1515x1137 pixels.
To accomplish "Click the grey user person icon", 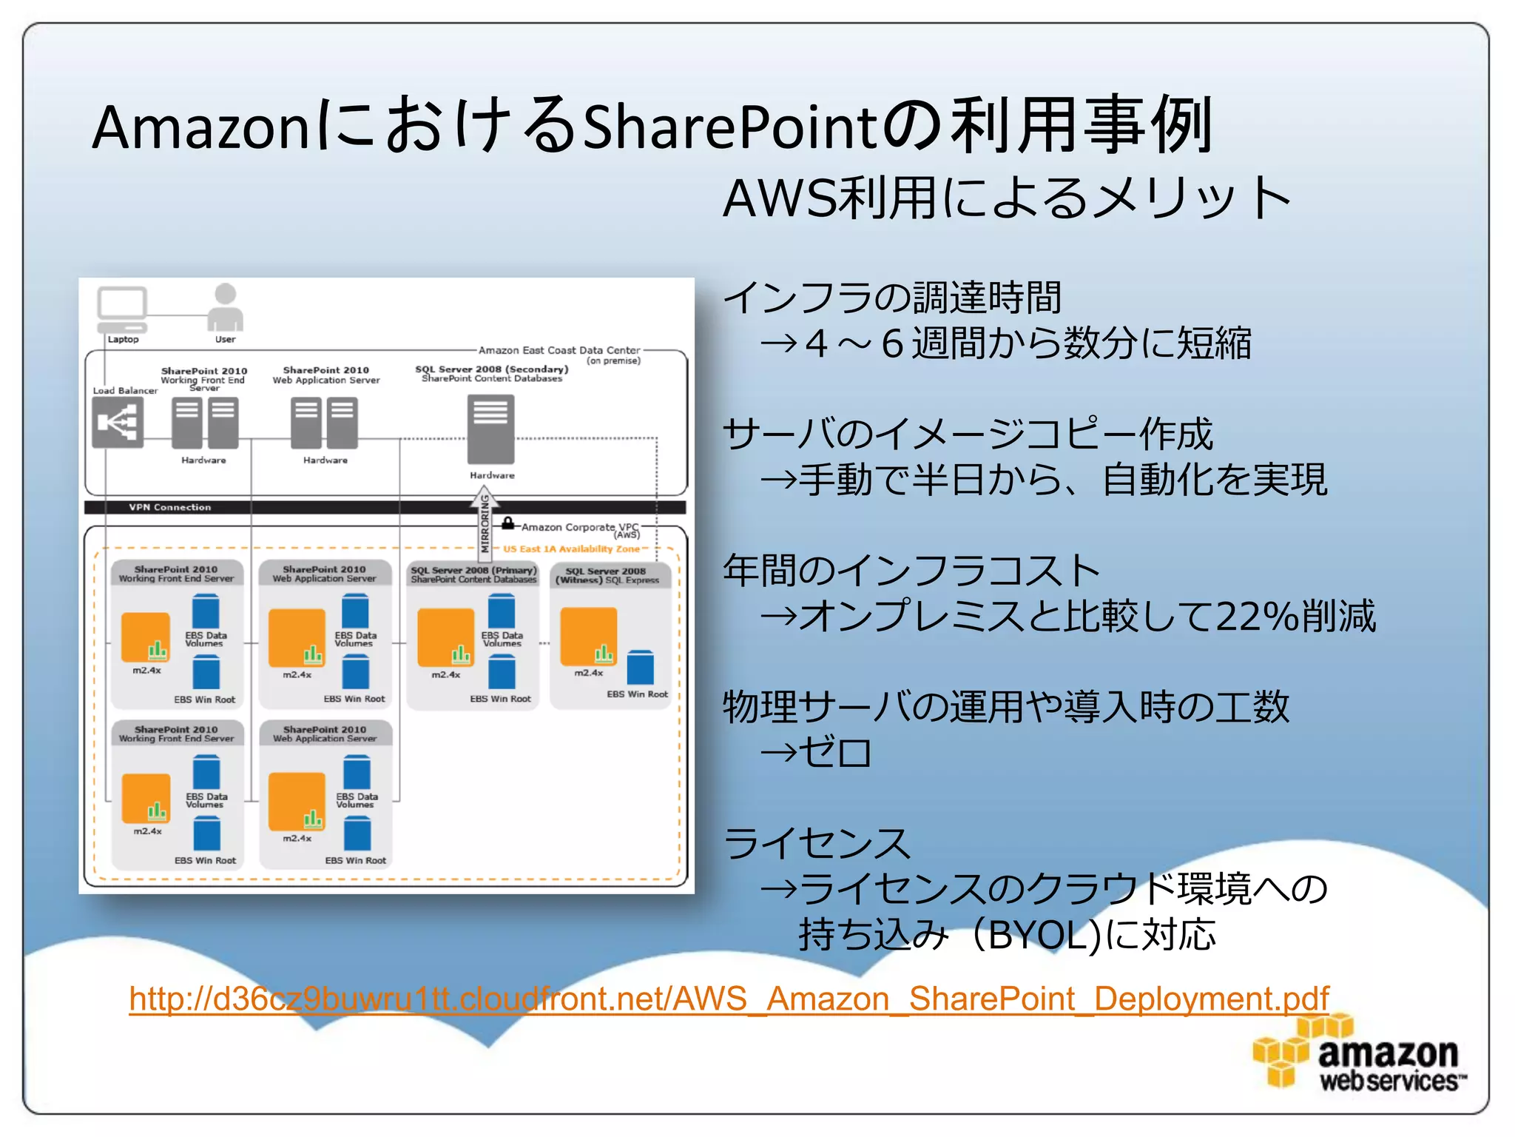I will click(x=225, y=307).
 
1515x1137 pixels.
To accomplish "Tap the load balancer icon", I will click(x=118, y=423).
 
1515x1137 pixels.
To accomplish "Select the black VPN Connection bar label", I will click(x=169, y=507).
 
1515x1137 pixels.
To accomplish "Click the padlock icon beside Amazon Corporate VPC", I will click(x=508, y=523).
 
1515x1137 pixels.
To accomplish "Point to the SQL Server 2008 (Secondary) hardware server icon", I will click(x=490, y=429).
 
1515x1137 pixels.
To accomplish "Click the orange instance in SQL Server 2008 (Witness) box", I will click(x=588, y=637).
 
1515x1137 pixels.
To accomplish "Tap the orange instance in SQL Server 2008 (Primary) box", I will click(x=445, y=637).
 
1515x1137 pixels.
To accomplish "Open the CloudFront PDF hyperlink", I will click(x=729, y=999).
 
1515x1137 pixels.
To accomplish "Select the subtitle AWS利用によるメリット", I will click(x=1006, y=198).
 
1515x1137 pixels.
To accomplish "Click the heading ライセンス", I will click(x=817, y=844).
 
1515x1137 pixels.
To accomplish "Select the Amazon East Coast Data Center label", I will click(x=559, y=350).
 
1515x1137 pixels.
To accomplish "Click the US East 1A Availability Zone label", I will click(x=571, y=549).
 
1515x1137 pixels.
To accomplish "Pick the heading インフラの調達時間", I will click(x=892, y=298).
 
